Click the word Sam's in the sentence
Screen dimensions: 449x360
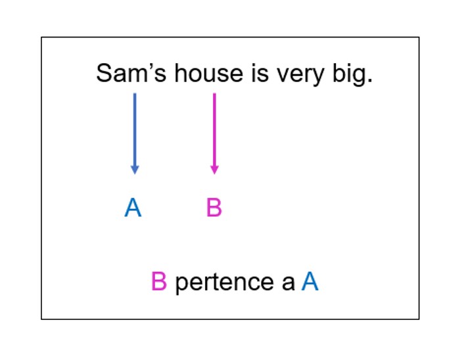tap(131, 73)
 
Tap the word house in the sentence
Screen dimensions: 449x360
tap(209, 73)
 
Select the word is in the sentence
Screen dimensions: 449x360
tap(260, 73)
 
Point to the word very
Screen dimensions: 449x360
tap(300, 75)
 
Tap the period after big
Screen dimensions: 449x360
tap(370, 81)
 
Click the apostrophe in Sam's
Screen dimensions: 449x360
tap(151, 66)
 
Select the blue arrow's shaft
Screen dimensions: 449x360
tap(135, 129)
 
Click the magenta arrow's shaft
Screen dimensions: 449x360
tap(214, 129)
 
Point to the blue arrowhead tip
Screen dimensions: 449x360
tap(135, 174)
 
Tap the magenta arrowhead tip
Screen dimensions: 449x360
tap(214, 174)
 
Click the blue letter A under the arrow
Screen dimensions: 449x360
tap(133, 208)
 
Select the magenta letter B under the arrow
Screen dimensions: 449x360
tap(214, 208)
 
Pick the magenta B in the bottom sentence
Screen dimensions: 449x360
tap(159, 281)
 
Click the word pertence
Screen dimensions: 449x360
tap(225, 283)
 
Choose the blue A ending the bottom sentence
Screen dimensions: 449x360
tap(310, 281)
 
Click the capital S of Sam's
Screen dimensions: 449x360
tap(104, 73)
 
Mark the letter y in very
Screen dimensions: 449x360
tap(318, 78)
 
